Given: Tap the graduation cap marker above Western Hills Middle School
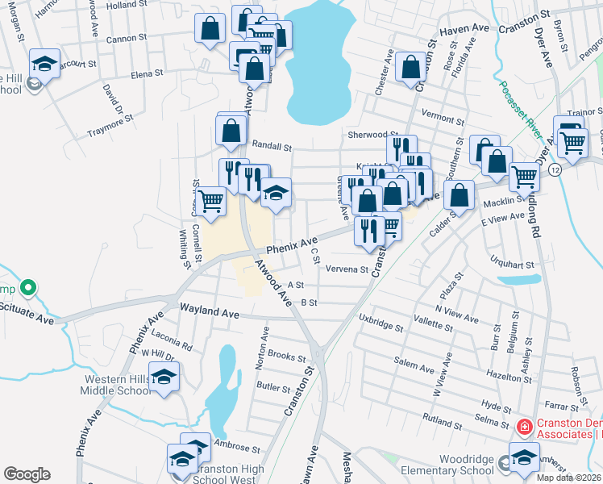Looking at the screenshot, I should point(164,377).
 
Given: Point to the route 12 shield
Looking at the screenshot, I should point(556,169).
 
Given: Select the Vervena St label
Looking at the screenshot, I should point(347,270).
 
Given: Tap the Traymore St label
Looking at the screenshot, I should point(110,125).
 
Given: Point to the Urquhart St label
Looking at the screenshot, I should point(512,263).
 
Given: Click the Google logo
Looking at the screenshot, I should point(27,474).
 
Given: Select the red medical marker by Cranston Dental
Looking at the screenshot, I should point(522,426).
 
